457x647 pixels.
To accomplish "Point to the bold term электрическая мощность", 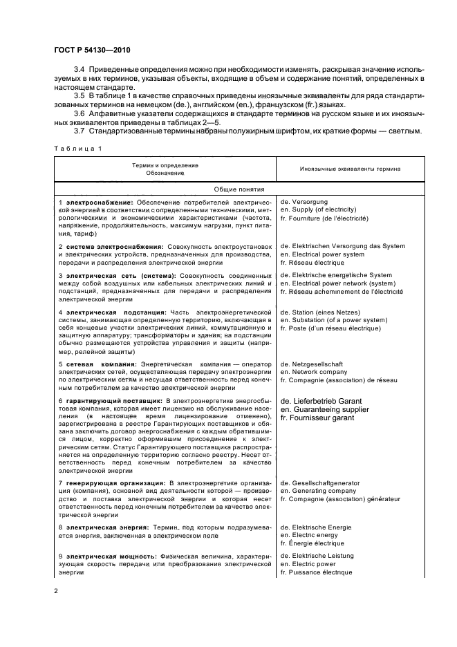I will tap(100, 556).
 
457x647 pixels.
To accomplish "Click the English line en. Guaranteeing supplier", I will tap(330, 410).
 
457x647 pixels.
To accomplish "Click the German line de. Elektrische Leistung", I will tap(317, 556).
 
